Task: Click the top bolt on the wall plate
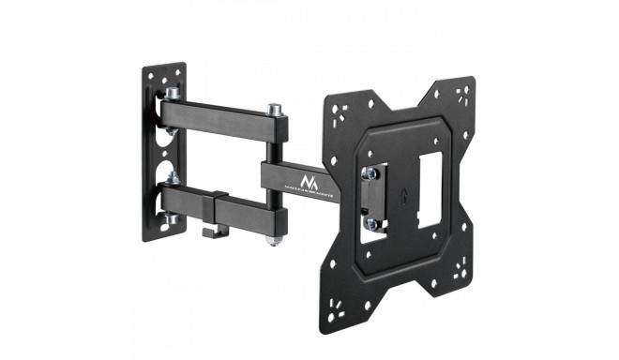pyautogui.click(x=173, y=94)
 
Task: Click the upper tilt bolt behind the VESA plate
pyautogui.click(x=372, y=172)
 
